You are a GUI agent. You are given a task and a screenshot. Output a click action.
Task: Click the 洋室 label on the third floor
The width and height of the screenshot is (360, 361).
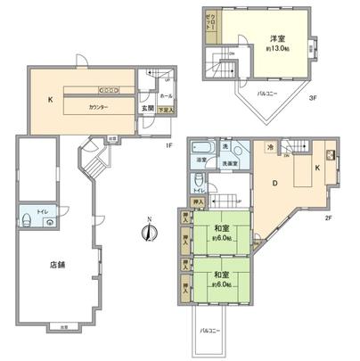(x=277, y=39)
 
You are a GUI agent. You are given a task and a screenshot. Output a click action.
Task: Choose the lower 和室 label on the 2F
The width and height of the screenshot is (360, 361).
(x=223, y=275)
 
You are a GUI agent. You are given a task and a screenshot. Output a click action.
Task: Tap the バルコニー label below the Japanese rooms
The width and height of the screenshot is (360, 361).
(x=210, y=330)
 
